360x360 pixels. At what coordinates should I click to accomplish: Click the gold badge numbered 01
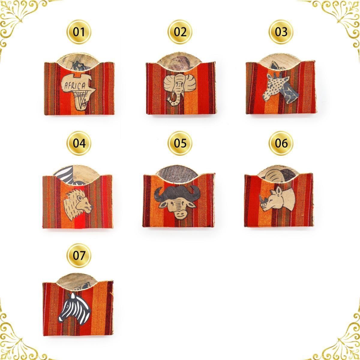coord(79,32)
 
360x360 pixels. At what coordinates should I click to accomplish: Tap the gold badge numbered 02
coord(180,32)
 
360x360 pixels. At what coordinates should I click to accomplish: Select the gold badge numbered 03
coord(281,32)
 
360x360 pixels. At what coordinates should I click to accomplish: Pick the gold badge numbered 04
coord(79,143)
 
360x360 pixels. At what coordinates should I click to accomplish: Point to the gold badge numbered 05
coord(180,143)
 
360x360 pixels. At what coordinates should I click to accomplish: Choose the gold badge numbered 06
coord(281,143)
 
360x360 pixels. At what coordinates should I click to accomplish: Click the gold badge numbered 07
coord(79,255)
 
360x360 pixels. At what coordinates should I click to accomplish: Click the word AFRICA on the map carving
coord(75,86)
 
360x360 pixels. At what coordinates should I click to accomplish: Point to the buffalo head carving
coord(177,202)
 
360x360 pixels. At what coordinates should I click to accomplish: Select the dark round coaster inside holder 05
coord(177,172)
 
